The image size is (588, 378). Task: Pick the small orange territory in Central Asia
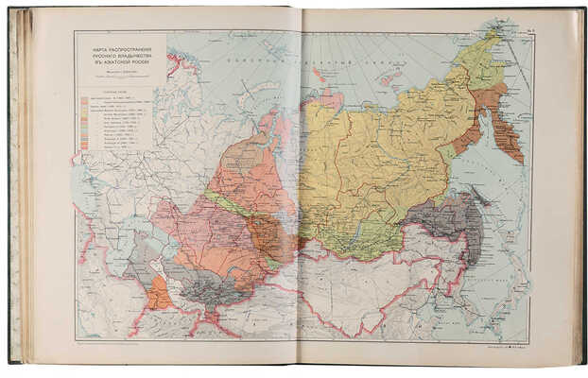pos(158,293)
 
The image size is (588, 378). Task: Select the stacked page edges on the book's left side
pos(19,189)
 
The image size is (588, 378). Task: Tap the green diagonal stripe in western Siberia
pos(227,203)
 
